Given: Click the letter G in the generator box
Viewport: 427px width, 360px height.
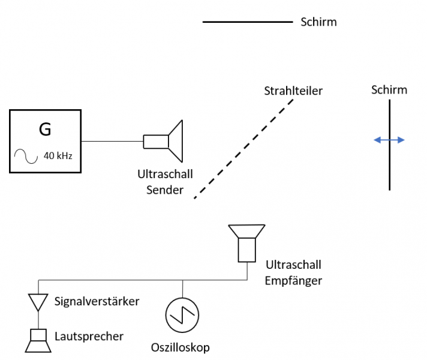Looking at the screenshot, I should click(45, 129).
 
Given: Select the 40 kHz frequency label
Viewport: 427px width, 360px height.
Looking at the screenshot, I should click(58, 157).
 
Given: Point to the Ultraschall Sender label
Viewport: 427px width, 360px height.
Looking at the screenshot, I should click(165, 182).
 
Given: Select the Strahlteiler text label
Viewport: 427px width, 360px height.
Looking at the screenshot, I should click(293, 91).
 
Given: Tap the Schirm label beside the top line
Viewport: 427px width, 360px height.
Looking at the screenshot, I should click(318, 22).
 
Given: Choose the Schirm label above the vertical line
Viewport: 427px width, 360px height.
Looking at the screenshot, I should click(389, 90).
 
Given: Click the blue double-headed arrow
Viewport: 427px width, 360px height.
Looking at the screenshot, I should click(389, 140).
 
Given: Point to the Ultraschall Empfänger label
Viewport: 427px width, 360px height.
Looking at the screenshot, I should click(293, 272).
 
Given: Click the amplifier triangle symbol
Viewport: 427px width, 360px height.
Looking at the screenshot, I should click(38, 302).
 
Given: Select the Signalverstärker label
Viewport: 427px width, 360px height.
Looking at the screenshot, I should click(97, 301).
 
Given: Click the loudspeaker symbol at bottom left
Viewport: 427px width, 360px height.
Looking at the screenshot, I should click(38, 340).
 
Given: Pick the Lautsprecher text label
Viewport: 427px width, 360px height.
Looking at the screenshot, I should click(89, 336).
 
